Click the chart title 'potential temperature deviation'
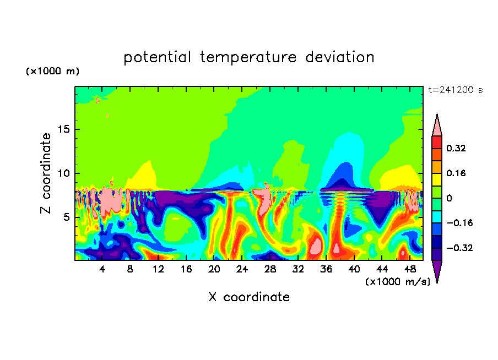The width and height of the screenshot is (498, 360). tap(248, 57)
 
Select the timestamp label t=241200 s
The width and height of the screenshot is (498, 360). tap(456, 90)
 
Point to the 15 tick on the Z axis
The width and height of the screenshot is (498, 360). tap(63, 129)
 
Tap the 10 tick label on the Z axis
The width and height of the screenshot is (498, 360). tap(63, 173)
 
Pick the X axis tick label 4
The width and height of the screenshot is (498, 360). tap(102, 269)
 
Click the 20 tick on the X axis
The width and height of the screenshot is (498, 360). tap(214, 269)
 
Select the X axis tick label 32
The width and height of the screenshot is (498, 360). tap(298, 269)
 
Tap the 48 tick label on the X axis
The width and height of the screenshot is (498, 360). tap(410, 269)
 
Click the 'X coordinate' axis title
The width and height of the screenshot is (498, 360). tap(249, 297)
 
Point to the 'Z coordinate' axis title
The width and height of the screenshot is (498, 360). tap(45, 173)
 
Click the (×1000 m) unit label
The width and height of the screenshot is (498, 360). tap(52, 71)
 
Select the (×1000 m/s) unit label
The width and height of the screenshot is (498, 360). tap(398, 282)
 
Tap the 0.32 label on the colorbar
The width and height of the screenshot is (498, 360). tap(456, 148)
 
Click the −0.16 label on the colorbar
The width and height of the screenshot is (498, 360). tap(459, 223)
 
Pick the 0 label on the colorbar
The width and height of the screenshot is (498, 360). tap(449, 198)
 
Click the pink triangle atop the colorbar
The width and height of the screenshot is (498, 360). tap(437, 127)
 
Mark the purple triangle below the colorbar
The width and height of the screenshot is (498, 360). tap(437, 270)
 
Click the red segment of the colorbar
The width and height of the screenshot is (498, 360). tap(437, 142)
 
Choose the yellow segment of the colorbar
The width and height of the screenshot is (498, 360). tap(437, 179)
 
